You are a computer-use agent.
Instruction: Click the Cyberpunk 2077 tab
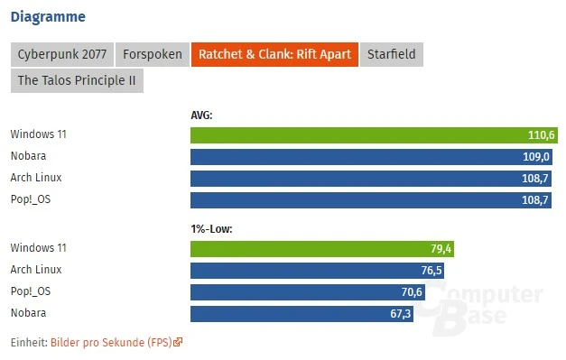(60, 54)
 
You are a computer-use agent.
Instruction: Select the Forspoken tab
(152, 54)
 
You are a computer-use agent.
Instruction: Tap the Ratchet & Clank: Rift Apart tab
(274, 54)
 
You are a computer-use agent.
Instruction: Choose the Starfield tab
(391, 54)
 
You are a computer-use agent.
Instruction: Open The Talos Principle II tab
(78, 80)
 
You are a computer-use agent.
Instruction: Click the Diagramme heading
(49, 16)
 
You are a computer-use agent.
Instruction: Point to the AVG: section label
(202, 115)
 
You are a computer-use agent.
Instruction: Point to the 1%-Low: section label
(211, 229)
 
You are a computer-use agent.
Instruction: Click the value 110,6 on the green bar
(542, 135)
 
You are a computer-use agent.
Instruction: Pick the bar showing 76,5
(317, 271)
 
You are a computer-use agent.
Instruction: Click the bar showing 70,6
(307, 291)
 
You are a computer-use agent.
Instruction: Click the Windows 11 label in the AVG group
(39, 134)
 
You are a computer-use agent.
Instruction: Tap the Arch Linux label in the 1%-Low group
(36, 270)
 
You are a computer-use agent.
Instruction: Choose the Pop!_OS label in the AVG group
(32, 198)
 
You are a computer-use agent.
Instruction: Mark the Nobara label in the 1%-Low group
(29, 313)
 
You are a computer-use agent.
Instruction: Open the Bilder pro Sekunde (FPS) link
(111, 343)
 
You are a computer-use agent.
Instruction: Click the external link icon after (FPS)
(178, 343)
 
